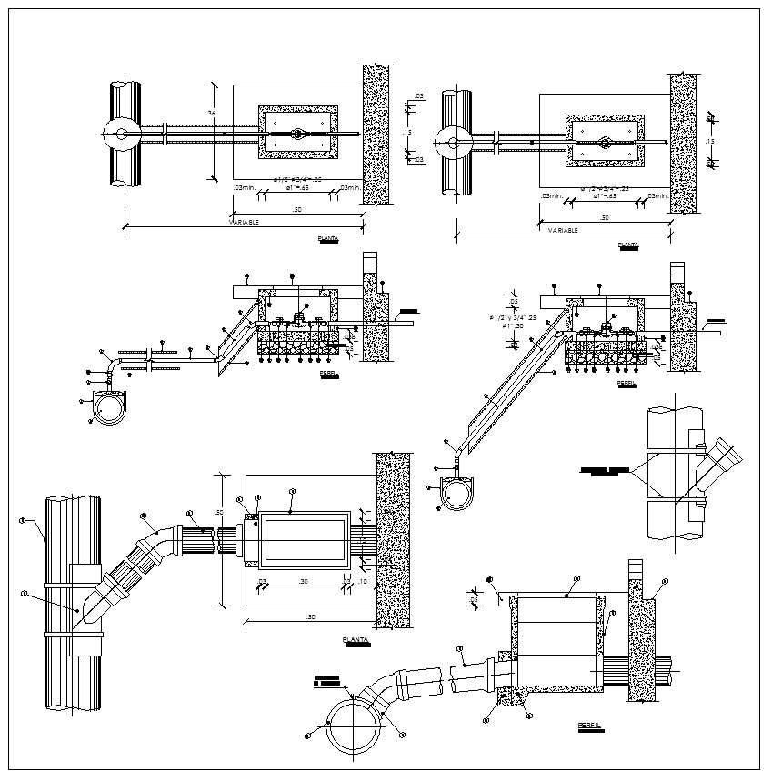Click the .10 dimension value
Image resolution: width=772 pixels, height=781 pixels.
[x=363, y=581]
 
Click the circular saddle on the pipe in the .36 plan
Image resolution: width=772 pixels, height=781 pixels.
[x=120, y=134]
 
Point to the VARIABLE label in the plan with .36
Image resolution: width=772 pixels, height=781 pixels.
[x=244, y=222]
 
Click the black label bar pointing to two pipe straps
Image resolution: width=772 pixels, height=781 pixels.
[x=605, y=471]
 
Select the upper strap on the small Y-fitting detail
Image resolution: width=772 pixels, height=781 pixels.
[x=674, y=447]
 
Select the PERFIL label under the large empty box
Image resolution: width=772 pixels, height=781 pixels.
[x=588, y=726]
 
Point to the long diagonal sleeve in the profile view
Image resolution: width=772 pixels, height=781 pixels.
[x=514, y=382]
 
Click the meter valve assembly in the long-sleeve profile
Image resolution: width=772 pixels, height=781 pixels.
[x=601, y=331]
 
